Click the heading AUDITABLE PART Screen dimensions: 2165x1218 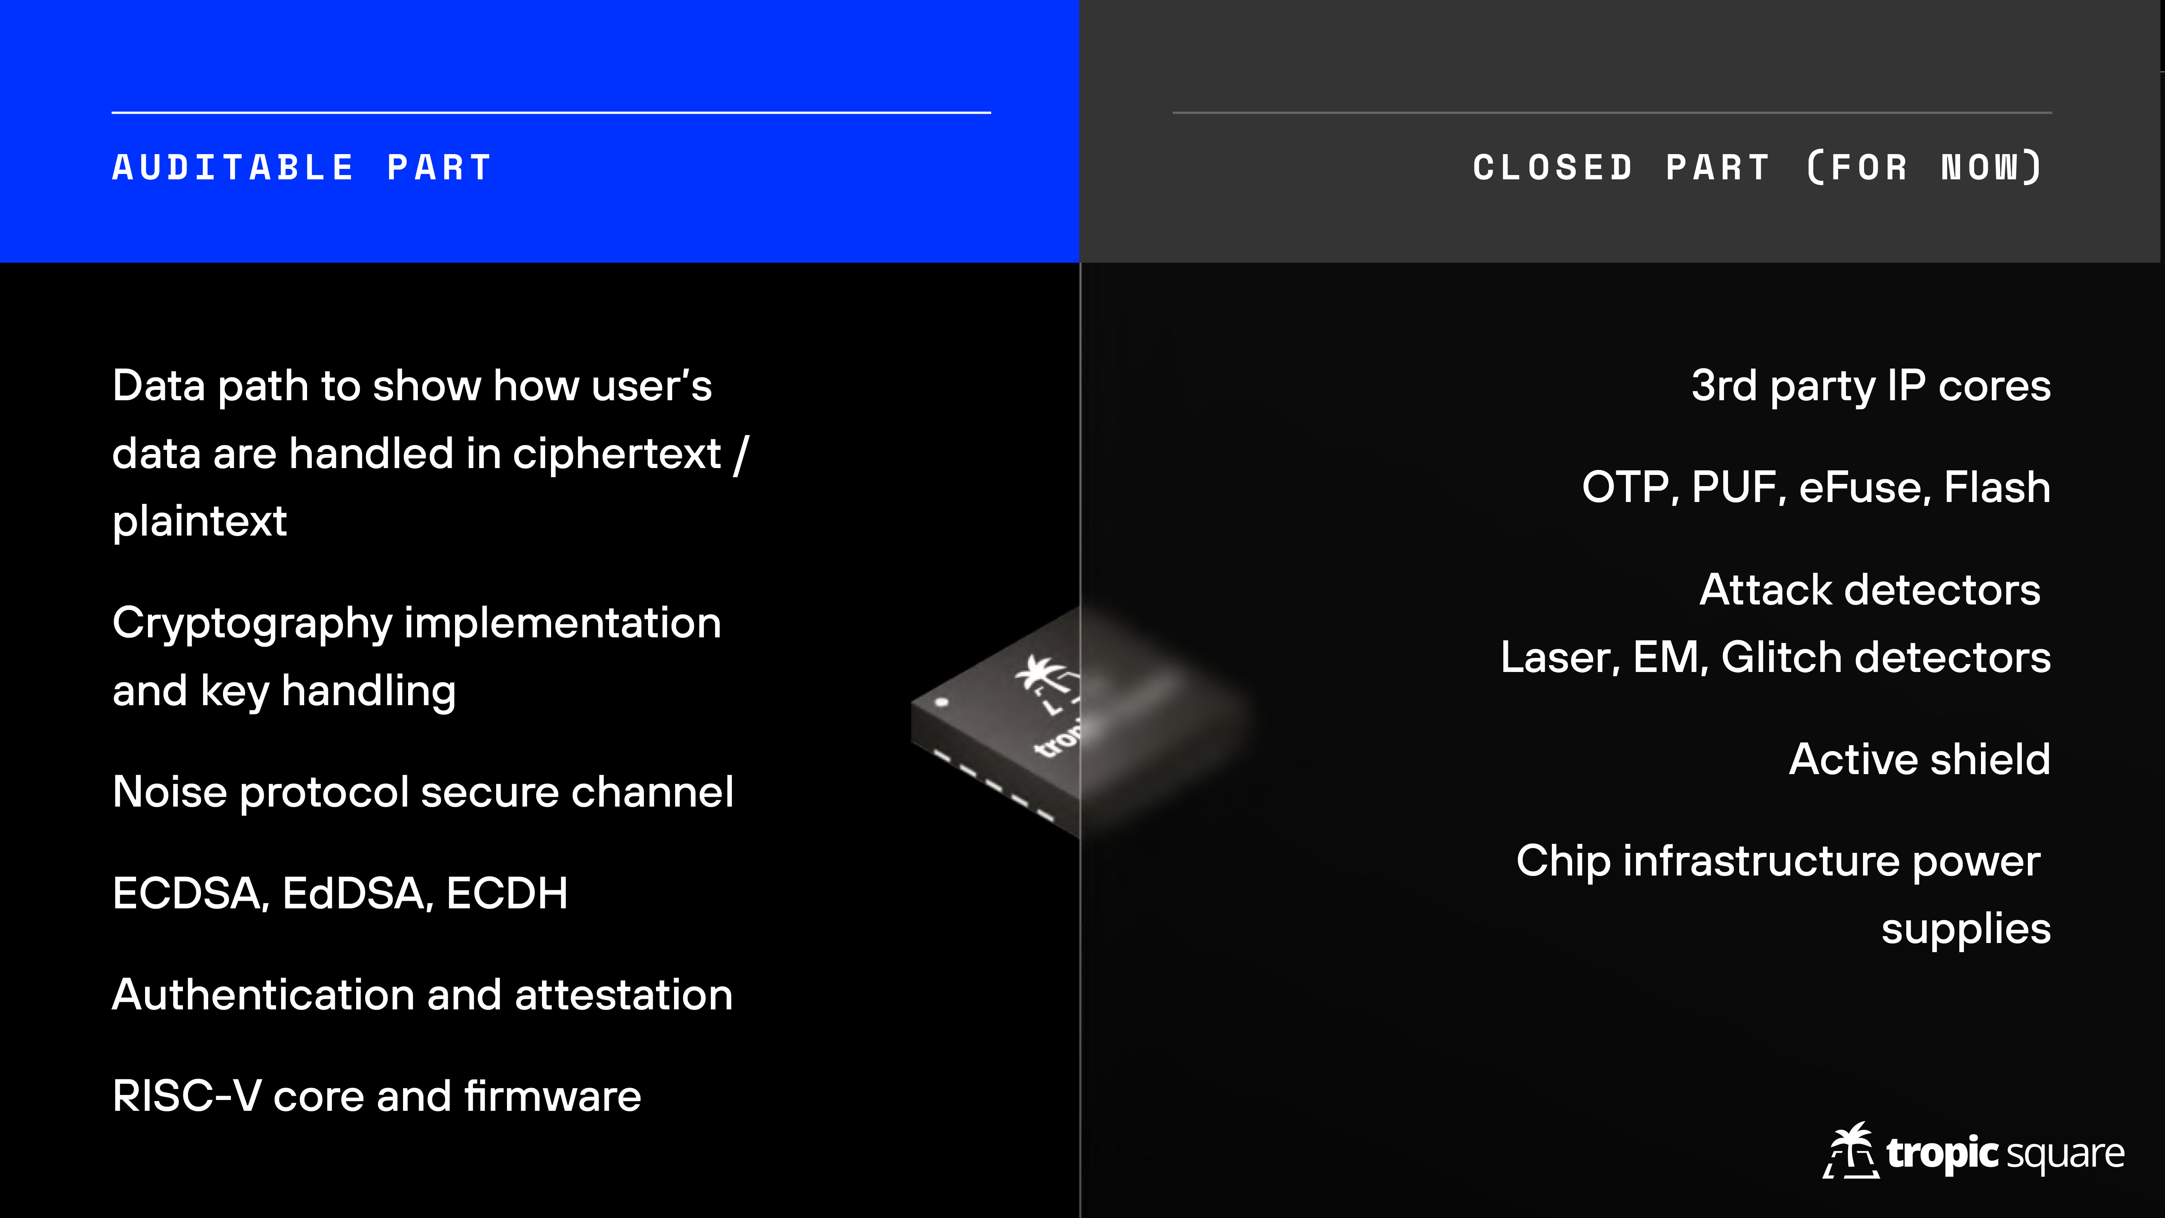click(302, 167)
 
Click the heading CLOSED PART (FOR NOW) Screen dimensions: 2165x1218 click(1757, 167)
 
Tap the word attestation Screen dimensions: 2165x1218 click(624, 995)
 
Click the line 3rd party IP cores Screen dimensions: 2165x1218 click(1871, 387)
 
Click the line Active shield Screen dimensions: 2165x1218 click(1920, 759)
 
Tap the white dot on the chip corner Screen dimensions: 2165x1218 click(941, 701)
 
